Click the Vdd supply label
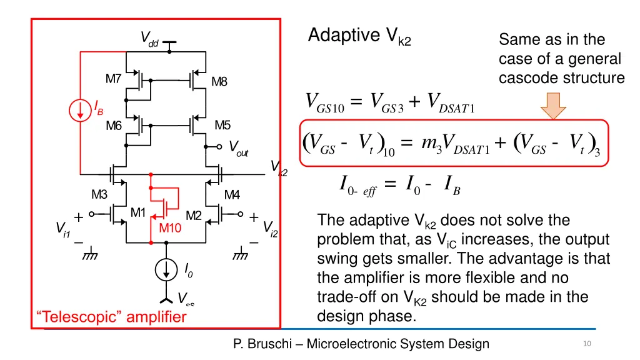[149, 40]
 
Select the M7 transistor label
[113, 79]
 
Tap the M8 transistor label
[219, 81]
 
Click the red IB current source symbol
[80, 111]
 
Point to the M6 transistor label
[113, 126]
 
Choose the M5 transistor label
[222, 125]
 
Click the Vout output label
[238, 148]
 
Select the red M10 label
[170, 228]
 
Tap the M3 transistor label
[100, 194]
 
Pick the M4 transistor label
[232, 194]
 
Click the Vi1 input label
[62, 229]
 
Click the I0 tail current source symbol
[167, 269]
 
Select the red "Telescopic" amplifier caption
[111, 317]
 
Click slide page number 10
[586, 344]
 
